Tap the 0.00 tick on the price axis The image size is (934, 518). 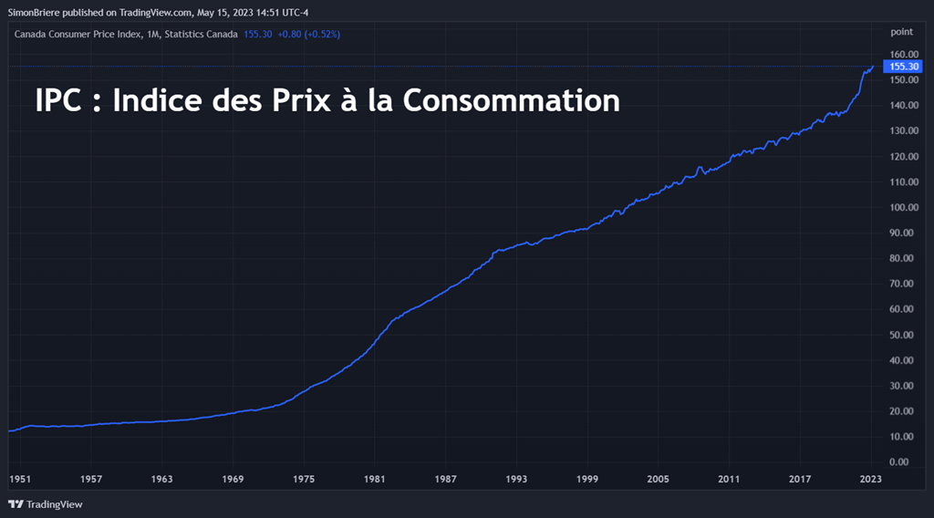click(905, 462)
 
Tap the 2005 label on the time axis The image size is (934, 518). click(658, 479)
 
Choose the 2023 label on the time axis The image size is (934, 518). click(871, 479)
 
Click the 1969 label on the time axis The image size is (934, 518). click(233, 479)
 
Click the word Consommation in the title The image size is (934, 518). click(512, 99)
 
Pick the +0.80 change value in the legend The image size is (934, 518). click(289, 34)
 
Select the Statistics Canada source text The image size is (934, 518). click(201, 34)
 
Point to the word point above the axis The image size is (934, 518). click(901, 32)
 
